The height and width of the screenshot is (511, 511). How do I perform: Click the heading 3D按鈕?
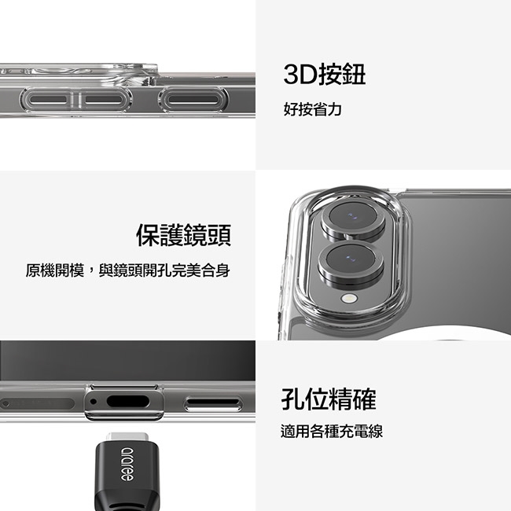pyautogui.click(x=324, y=75)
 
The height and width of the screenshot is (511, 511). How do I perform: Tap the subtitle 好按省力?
pyautogui.click(x=313, y=108)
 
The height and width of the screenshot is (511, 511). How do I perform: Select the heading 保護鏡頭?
pyautogui.click(x=183, y=234)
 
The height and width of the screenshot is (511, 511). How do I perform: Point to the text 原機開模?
pyautogui.click(x=55, y=270)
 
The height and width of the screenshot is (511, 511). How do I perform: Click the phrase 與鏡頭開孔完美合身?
pyautogui.click(x=164, y=270)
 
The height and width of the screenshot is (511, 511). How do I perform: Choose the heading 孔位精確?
pyautogui.click(x=329, y=399)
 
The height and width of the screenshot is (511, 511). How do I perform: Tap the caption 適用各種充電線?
pyautogui.click(x=332, y=431)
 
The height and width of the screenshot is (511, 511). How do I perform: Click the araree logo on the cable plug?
pyautogui.click(x=127, y=464)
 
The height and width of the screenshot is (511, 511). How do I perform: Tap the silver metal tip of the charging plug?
pyautogui.click(x=127, y=437)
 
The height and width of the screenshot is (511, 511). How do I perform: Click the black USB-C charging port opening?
pyautogui.click(x=127, y=402)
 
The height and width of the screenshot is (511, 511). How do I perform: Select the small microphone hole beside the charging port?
pyautogui.click(x=94, y=402)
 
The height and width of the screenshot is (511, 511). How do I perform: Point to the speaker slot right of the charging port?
pyautogui.click(x=213, y=403)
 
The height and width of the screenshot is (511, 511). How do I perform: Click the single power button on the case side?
pyautogui.click(x=193, y=99)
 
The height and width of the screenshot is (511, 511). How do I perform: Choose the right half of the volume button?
pyautogui.click(x=105, y=99)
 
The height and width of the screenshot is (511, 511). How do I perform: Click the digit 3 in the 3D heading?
pyautogui.click(x=291, y=75)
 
